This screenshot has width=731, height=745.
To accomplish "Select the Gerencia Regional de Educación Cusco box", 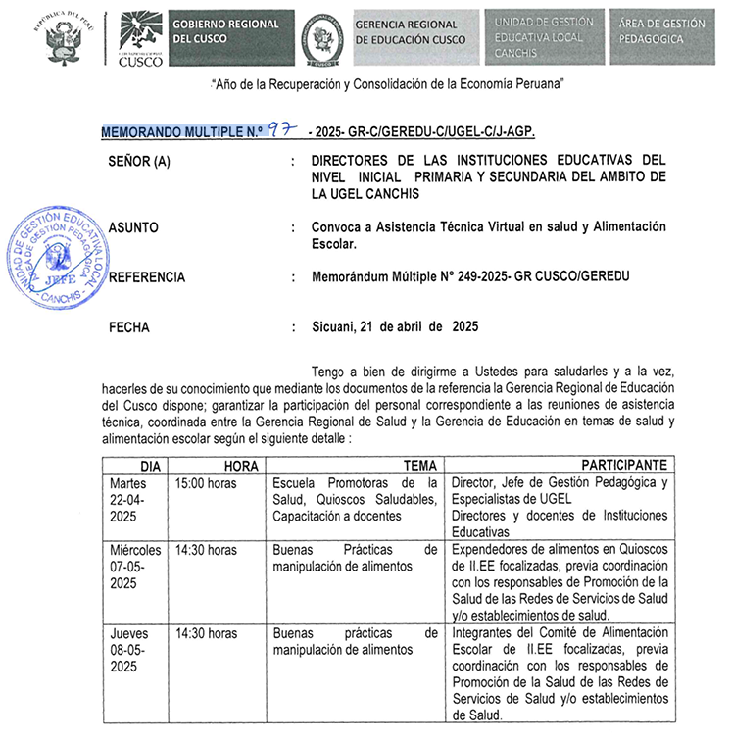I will click(413, 31).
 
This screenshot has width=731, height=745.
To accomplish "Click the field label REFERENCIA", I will click(146, 277).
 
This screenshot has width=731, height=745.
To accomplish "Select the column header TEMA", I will click(419, 465).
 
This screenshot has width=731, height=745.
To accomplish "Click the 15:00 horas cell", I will click(205, 483).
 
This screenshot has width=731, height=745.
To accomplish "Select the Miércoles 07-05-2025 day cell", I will click(135, 567).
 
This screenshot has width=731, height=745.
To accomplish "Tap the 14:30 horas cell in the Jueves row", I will click(205, 633).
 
